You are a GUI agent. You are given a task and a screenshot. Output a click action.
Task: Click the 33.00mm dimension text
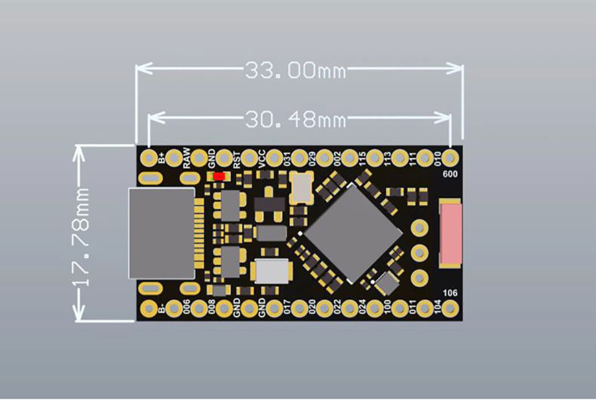(295, 70)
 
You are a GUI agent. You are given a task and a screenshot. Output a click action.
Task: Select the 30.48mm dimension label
(295, 119)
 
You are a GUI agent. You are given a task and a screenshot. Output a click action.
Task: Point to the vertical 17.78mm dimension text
(80, 237)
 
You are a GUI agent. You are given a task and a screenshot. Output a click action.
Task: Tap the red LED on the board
(218, 176)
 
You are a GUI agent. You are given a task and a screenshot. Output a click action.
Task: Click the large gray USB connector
(161, 233)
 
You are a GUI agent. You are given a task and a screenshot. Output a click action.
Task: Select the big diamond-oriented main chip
(352, 233)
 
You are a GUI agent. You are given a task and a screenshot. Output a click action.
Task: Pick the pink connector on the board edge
(451, 234)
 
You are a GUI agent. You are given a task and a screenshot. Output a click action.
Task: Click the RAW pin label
(187, 158)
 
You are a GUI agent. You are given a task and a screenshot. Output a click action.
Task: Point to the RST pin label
(236, 159)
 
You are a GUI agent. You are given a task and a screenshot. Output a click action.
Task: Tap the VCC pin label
(262, 159)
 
